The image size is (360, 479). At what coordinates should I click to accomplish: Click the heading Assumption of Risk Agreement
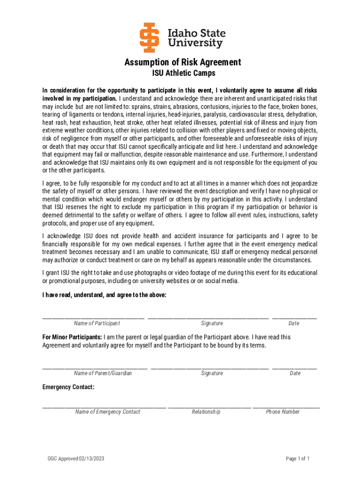click(x=183, y=62)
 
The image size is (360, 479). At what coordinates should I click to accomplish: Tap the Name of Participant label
click(x=97, y=323)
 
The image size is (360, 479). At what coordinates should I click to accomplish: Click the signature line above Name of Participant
click(x=94, y=318)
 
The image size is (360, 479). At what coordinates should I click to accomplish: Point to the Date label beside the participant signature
click(x=294, y=323)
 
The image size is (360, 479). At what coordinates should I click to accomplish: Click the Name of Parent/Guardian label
click(x=103, y=373)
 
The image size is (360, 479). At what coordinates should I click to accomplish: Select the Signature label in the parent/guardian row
click(x=212, y=373)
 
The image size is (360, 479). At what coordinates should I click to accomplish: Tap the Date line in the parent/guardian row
click(x=295, y=368)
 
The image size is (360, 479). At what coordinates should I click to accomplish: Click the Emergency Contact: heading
click(x=68, y=387)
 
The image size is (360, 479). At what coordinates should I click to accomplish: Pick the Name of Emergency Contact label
click(x=108, y=412)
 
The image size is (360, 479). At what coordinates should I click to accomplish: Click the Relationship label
click(x=206, y=412)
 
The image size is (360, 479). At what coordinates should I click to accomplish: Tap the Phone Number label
click(x=283, y=412)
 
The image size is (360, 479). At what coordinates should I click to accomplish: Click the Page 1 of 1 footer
click(x=298, y=458)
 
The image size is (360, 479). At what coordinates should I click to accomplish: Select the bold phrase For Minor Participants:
click(x=72, y=337)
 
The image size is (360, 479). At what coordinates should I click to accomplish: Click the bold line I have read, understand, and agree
click(x=104, y=295)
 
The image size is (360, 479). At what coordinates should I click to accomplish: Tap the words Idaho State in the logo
click(x=196, y=33)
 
